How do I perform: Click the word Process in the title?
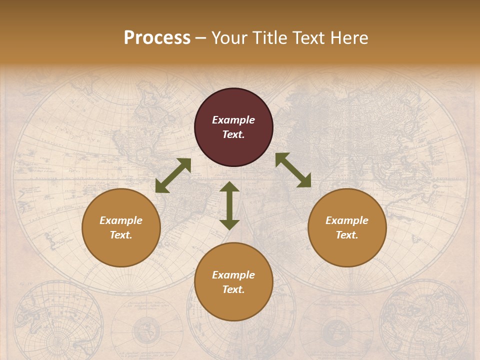(x=157, y=38)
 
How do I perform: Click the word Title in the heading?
(x=269, y=38)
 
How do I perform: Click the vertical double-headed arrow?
(x=229, y=205)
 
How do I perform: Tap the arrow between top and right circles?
(x=293, y=170)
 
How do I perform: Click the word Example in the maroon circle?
(x=233, y=120)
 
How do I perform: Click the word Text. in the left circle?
(x=121, y=235)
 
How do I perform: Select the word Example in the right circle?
(x=347, y=220)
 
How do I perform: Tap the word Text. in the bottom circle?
(x=233, y=289)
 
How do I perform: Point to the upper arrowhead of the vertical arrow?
(x=229, y=186)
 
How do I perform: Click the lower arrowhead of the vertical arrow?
(x=229, y=224)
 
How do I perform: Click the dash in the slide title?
(x=200, y=38)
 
